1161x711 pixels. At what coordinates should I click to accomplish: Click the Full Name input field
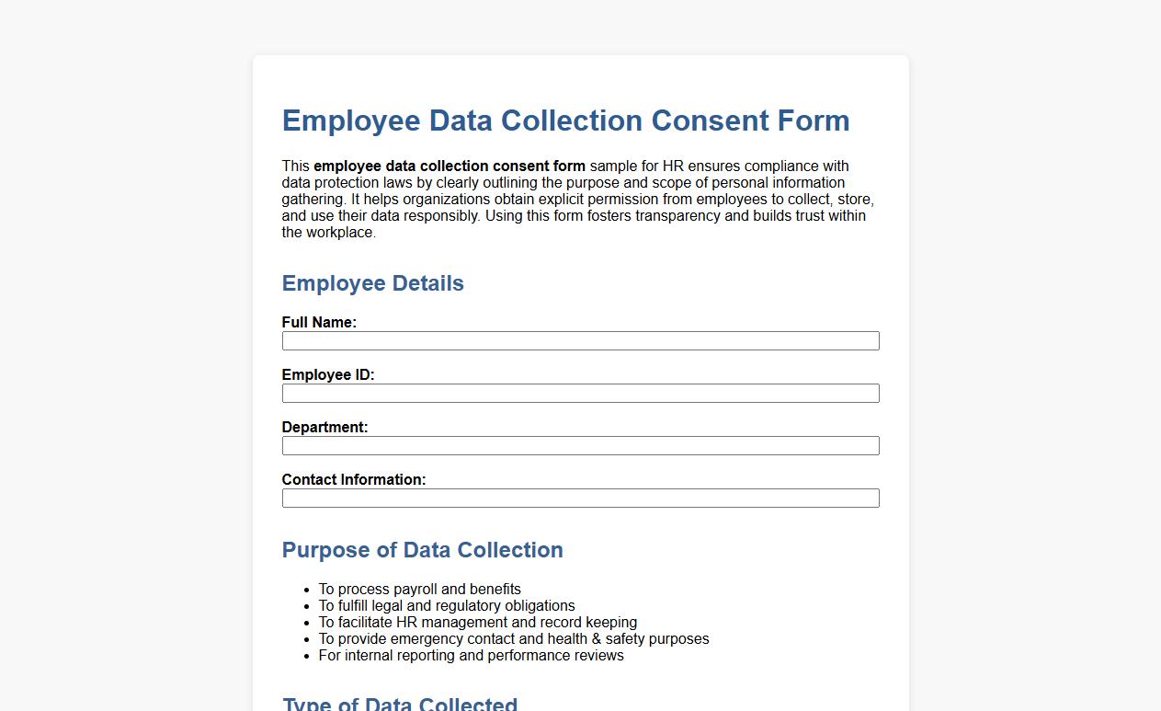580,341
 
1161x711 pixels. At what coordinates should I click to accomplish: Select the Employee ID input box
580,394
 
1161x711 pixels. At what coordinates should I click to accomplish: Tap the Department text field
580,446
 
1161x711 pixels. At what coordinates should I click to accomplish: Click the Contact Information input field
580,499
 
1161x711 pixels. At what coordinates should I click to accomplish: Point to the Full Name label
319,323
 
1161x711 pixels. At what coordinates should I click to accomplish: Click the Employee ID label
328,375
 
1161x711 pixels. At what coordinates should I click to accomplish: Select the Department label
324,428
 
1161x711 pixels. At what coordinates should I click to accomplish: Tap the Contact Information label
354,480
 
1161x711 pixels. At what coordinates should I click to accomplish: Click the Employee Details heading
372,283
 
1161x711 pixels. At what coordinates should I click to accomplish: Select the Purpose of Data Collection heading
422,550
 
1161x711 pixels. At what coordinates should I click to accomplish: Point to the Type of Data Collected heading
400,704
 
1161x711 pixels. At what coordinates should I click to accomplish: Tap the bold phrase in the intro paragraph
450,166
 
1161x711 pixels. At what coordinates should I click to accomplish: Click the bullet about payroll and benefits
419,590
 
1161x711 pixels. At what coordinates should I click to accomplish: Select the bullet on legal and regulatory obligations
447,606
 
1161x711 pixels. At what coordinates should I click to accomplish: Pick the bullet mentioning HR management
477,623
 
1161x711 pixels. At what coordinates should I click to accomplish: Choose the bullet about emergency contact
514,639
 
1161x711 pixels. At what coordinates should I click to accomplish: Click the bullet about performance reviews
471,656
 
